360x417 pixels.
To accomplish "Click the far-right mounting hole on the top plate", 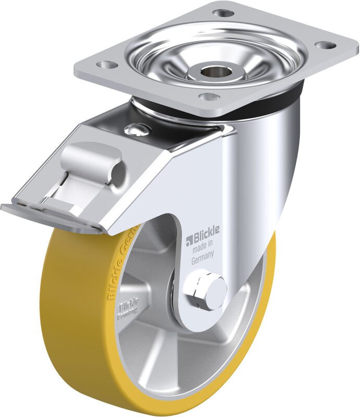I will click(326, 45).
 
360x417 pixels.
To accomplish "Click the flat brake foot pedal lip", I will click(47, 215).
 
